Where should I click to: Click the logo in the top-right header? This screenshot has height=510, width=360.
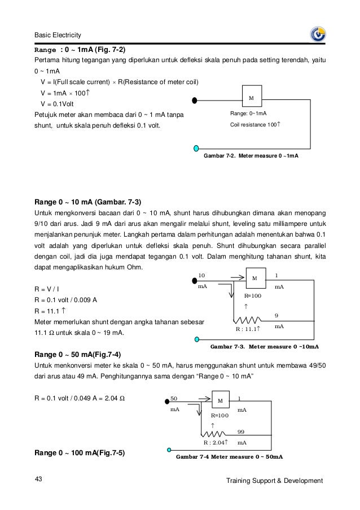coord(318,34)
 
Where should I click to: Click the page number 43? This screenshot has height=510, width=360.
coord(39,480)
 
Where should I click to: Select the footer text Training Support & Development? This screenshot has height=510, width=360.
coord(274,481)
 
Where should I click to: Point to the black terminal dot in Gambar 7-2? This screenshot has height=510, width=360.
coord(195,101)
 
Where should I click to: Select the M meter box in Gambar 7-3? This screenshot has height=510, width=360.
coord(254,278)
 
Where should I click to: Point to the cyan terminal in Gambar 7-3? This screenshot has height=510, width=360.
coord(197,340)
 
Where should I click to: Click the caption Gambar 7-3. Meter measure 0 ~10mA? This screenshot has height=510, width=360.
coord(264,346)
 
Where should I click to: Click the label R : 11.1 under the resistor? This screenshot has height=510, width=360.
coord(247,329)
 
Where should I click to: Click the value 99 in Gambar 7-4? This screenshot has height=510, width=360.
coord(242,431)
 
